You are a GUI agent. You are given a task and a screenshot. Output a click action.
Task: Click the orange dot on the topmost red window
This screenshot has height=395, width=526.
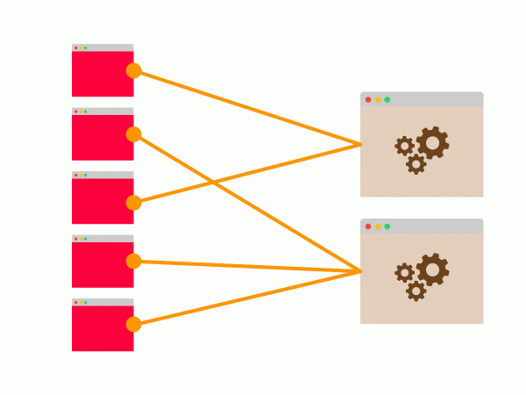coord(133,70)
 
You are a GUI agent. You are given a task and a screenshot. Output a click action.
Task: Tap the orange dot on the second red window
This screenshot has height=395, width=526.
coord(133,134)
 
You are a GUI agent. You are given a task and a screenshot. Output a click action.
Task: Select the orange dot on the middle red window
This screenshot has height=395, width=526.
coord(133,203)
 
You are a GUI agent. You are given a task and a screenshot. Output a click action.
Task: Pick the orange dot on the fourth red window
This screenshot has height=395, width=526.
coord(133,261)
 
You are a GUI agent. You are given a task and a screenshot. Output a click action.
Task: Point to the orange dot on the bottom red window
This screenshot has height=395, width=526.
coord(133,324)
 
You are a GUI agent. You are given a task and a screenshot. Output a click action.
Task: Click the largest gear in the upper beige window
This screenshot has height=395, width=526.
coord(432,142)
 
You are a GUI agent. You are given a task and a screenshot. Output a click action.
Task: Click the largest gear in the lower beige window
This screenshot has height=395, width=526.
coord(432,269)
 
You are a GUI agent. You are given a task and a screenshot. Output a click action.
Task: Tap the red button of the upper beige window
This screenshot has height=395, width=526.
coord(368,99)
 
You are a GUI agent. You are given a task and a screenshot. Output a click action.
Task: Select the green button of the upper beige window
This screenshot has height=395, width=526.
coord(387,99)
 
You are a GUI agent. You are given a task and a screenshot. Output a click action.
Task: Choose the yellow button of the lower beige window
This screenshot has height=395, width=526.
coord(378,226)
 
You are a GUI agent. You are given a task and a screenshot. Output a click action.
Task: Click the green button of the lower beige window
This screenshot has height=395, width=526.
coord(387,226)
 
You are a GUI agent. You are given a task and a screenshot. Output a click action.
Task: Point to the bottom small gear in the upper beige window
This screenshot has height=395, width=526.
coord(416,163)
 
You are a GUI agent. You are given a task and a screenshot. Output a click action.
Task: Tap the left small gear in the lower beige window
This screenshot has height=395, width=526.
coord(404,273)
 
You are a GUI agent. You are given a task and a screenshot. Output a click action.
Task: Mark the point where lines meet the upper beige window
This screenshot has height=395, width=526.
coord(361,144)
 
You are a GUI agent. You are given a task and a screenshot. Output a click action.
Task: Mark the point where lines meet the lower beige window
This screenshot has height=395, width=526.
coord(361,271)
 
